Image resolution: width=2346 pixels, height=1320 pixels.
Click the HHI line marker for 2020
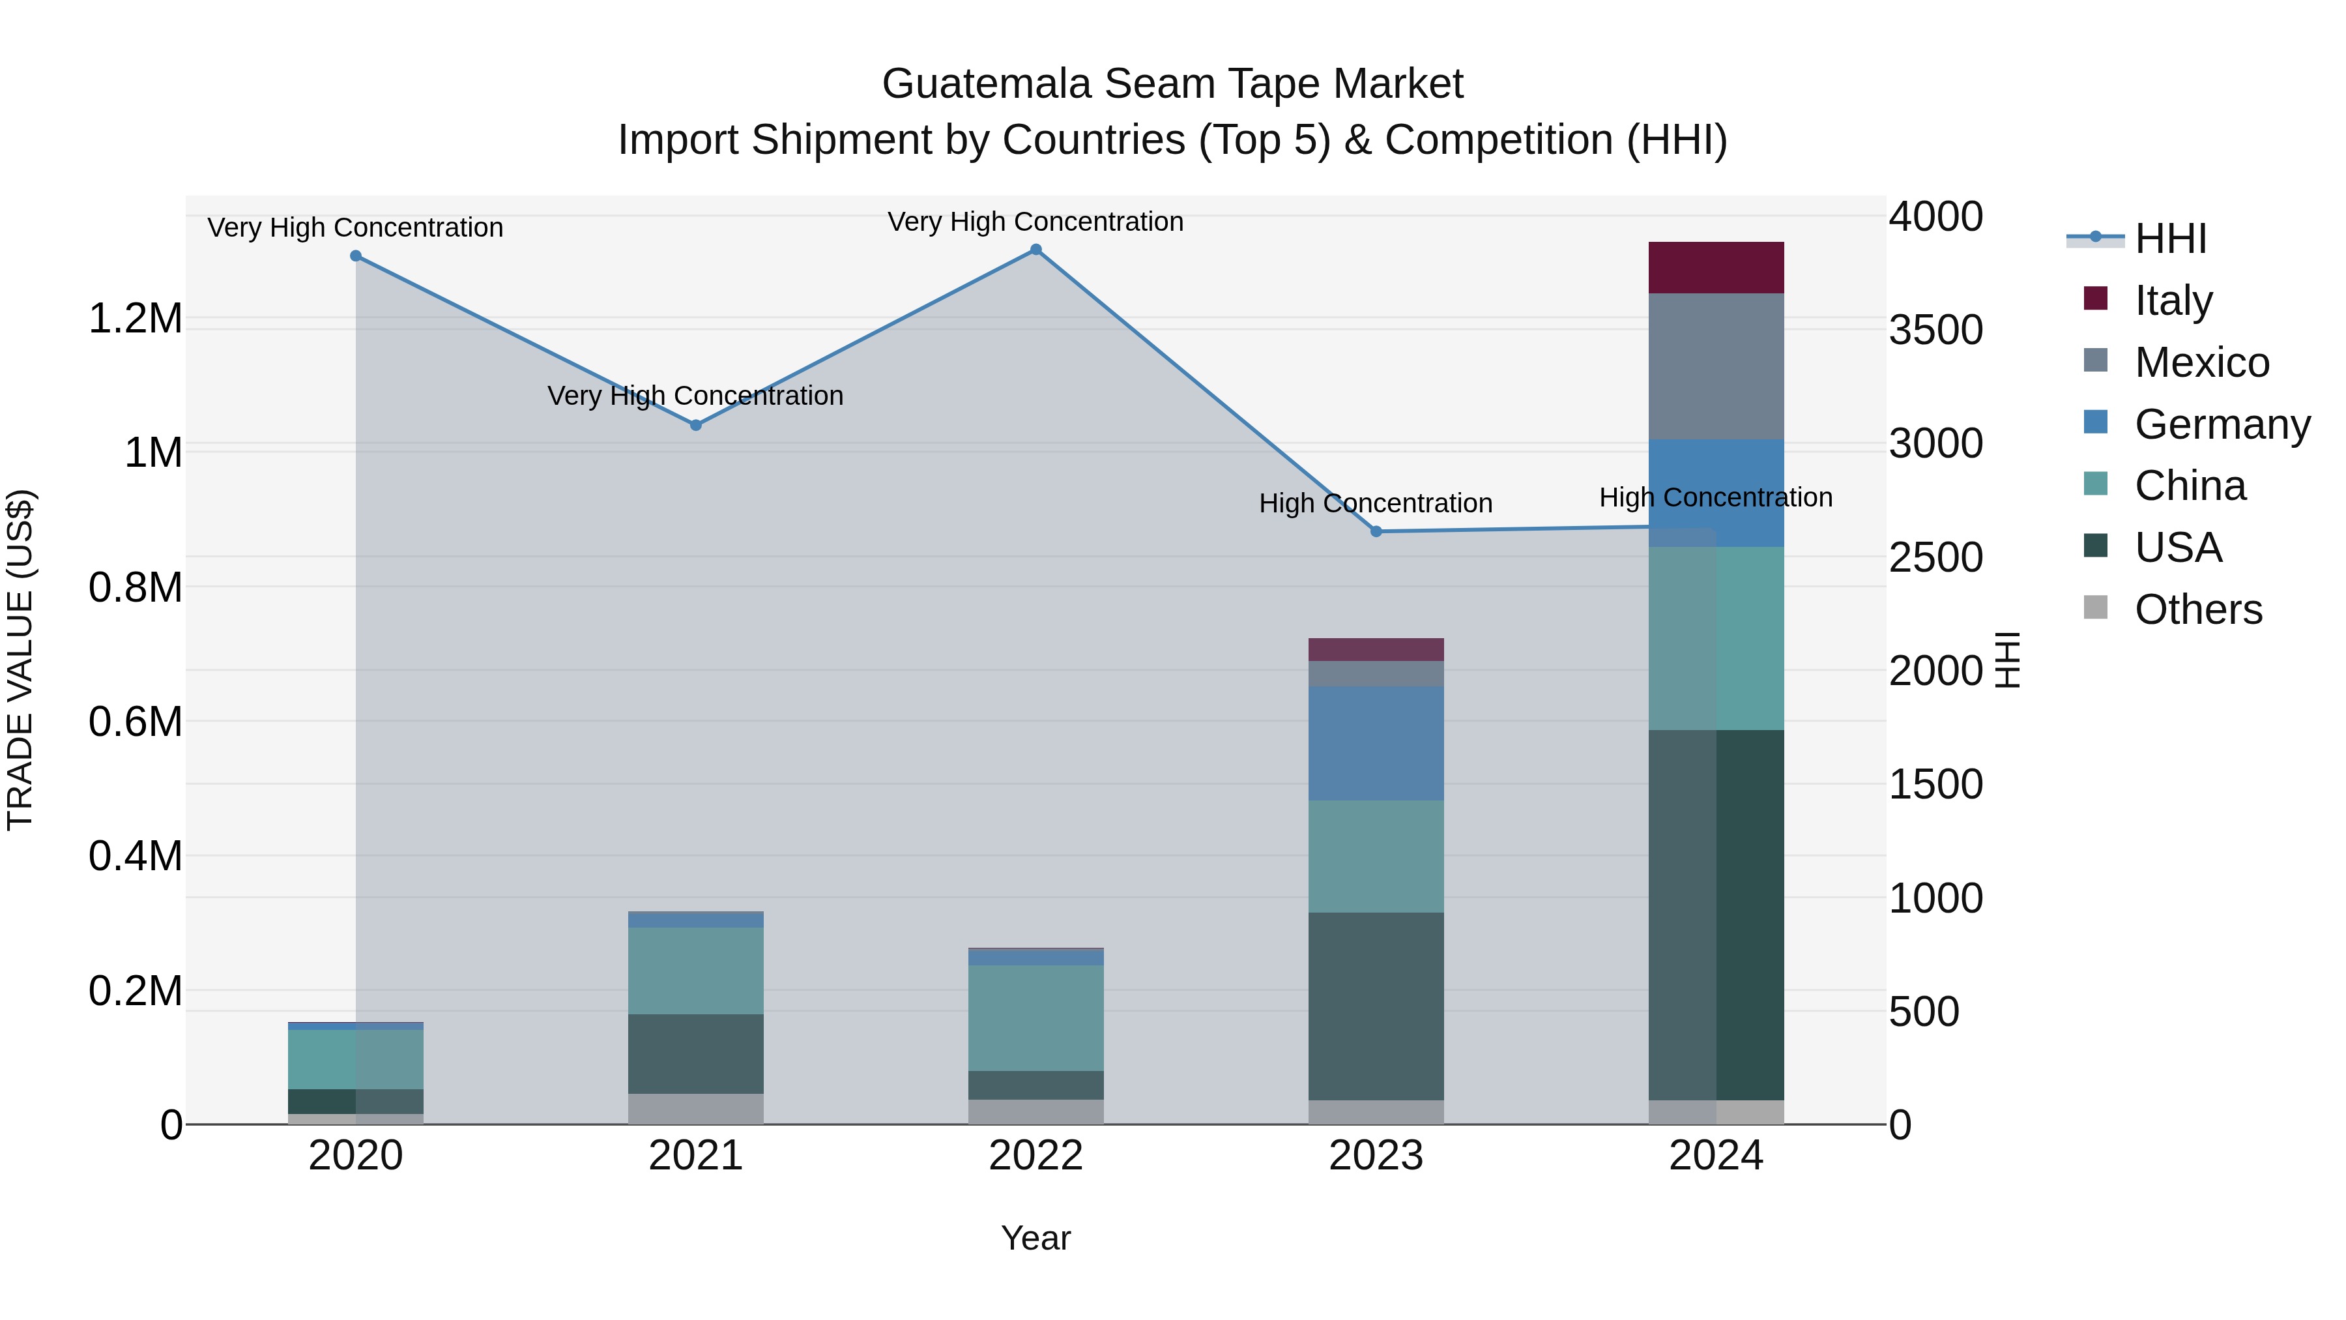[356, 256]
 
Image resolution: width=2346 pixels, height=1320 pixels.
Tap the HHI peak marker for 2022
[1035, 250]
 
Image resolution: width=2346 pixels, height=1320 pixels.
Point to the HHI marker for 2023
[1376, 532]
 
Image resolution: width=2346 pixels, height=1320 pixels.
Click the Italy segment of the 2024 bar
[1716, 268]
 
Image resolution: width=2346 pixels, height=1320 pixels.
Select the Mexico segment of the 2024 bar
[1716, 366]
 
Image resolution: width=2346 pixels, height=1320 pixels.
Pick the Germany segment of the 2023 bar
[1376, 743]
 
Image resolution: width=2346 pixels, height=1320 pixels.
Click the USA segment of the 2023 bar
[1376, 1006]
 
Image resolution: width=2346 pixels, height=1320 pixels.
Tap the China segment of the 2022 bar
[1035, 1018]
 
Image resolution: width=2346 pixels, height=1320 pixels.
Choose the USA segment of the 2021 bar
[696, 1053]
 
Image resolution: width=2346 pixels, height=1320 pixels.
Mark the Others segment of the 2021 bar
[696, 1109]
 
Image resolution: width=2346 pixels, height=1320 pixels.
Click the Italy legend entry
[2173, 301]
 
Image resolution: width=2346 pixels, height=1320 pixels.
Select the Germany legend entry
[2222, 424]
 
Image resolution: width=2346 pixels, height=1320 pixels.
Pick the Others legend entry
[2197, 609]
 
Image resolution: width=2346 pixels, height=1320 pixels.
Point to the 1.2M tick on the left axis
[135, 319]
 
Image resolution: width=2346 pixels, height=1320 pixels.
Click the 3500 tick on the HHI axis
[1935, 330]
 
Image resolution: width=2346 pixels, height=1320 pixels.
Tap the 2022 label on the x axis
[1035, 1156]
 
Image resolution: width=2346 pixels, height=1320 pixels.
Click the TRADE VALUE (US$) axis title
[20, 660]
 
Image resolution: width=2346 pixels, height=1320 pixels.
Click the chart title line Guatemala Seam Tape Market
[1172, 84]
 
